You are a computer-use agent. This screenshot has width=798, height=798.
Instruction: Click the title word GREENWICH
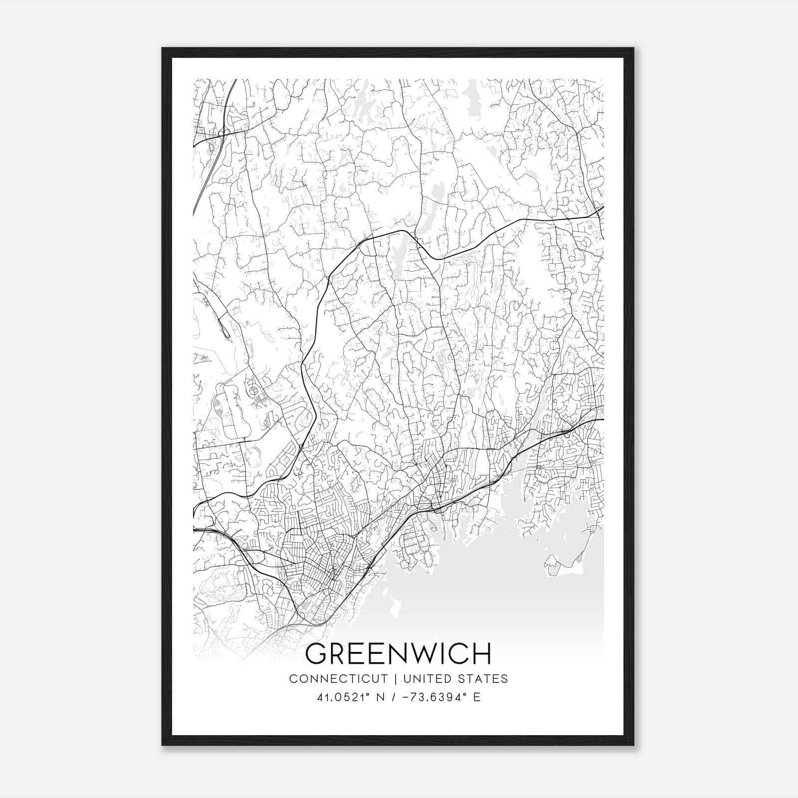pyautogui.click(x=398, y=654)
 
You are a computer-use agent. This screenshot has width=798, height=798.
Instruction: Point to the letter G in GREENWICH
pyautogui.click(x=315, y=654)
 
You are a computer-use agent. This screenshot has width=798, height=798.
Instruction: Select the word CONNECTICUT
pyautogui.click(x=338, y=679)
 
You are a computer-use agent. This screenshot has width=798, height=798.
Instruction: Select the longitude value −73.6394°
pyautogui.click(x=430, y=697)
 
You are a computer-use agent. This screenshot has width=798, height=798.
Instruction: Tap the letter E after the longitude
pyautogui.click(x=477, y=697)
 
